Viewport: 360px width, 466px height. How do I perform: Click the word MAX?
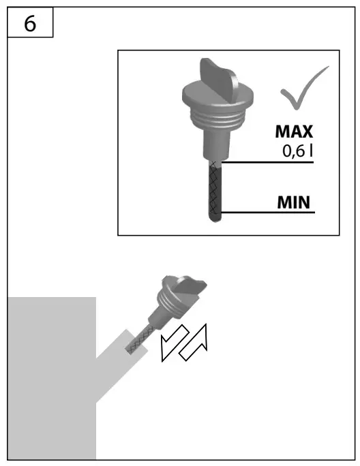click(294, 131)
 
